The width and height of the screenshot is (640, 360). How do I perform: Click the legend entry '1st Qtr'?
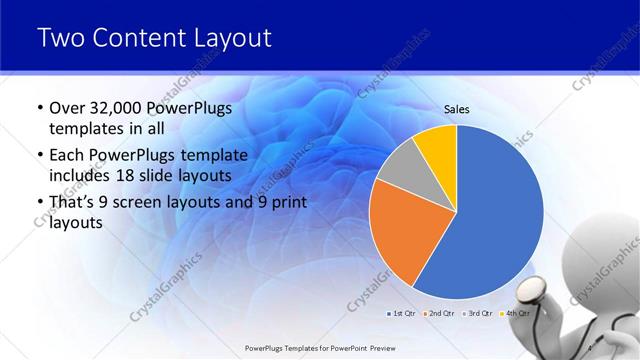(403, 313)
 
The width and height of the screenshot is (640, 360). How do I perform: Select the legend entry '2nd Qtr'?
(441, 313)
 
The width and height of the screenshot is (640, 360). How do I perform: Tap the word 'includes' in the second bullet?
(82, 175)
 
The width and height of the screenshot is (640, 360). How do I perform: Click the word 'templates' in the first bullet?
(84, 128)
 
